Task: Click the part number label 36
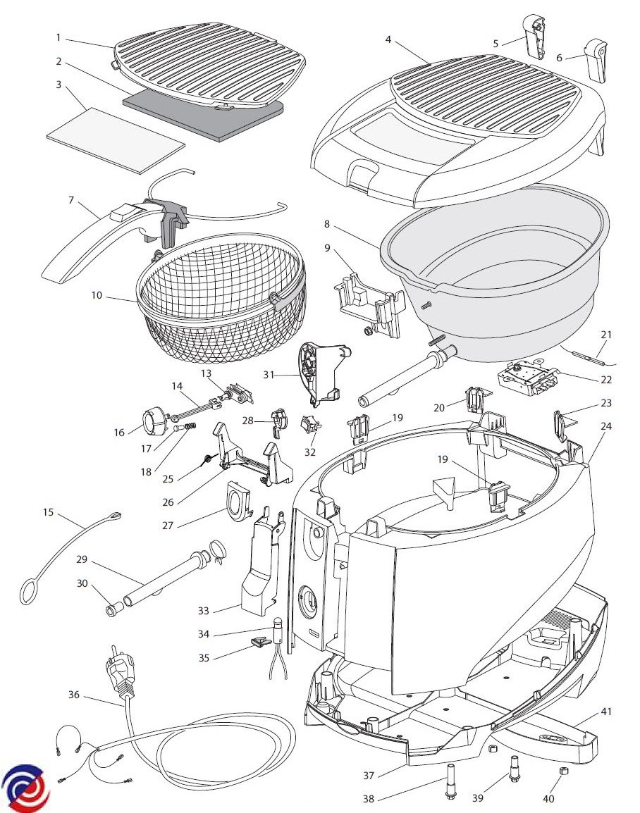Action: point(74,695)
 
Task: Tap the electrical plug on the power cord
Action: point(119,674)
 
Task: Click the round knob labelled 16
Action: point(152,423)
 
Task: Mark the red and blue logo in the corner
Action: point(25,784)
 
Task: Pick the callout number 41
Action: point(607,712)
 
